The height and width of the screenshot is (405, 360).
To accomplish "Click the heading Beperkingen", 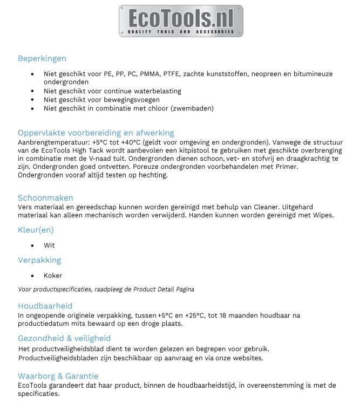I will [42, 58].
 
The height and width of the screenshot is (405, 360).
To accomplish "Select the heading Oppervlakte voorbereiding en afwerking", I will [96, 133].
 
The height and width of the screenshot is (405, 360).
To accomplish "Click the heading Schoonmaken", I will [45, 198].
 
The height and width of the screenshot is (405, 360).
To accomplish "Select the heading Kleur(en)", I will [36, 230].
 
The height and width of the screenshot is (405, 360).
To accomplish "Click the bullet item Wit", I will [49, 245].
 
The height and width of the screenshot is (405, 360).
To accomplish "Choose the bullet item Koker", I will [53, 276].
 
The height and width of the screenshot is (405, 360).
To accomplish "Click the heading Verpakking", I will [39, 260].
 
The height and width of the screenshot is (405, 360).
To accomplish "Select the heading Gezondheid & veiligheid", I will [64, 338].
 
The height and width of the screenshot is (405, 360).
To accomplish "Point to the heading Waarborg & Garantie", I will [58, 376].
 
